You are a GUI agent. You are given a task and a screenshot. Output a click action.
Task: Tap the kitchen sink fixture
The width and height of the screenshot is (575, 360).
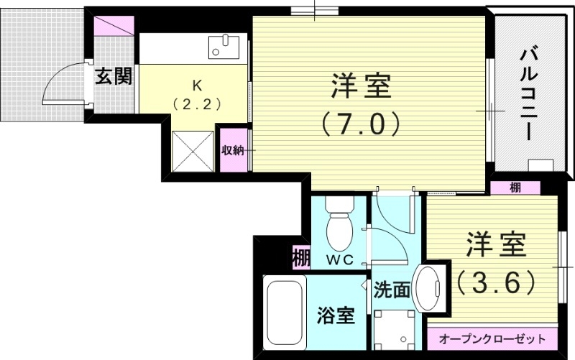(x=227, y=47)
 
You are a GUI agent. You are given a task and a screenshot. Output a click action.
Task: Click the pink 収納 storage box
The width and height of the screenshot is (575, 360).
(x=233, y=150)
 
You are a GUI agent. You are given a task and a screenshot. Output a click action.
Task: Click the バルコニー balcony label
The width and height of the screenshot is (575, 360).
(x=530, y=86)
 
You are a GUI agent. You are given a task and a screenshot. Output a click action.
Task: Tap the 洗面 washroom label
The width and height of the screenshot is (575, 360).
(x=392, y=290)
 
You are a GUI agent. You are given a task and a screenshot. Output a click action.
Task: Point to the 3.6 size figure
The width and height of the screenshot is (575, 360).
(x=494, y=280)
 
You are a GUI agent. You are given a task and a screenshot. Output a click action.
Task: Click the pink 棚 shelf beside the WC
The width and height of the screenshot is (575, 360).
(x=300, y=257)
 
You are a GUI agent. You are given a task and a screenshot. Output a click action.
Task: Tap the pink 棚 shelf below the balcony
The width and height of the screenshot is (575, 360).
(x=515, y=188)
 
